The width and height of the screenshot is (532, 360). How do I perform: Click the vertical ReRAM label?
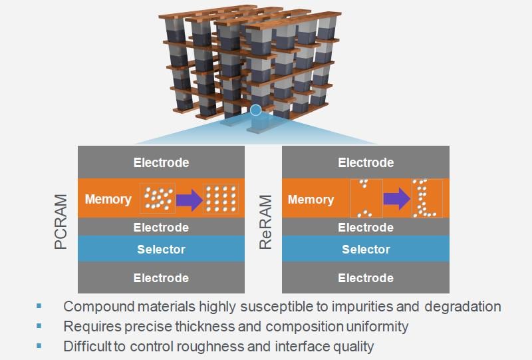[x=267, y=224]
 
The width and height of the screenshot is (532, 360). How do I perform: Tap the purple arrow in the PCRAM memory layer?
[x=189, y=199]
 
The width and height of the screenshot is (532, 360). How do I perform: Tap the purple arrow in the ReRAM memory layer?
[x=396, y=199]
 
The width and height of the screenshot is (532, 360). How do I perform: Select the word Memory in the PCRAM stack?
[x=108, y=199]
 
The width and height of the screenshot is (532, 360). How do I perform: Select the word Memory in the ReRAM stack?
[x=311, y=199]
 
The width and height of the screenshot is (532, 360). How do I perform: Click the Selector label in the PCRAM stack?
[x=161, y=250]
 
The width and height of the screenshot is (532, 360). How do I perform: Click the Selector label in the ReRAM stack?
[x=365, y=250]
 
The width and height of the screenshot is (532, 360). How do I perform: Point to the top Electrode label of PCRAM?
[x=161, y=162]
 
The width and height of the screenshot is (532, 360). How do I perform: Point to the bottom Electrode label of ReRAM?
[x=365, y=278]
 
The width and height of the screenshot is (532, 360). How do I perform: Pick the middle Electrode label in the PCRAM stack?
[x=161, y=228]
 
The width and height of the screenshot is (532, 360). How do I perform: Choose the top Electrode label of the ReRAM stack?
[x=365, y=162]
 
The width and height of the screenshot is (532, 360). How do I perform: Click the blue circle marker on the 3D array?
[x=255, y=110]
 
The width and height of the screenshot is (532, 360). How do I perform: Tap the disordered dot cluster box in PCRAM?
[x=158, y=198]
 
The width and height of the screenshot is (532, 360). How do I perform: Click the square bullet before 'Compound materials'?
[x=39, y=306]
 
